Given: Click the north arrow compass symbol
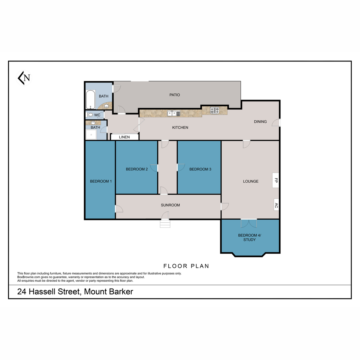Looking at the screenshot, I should click(x=24, y=78).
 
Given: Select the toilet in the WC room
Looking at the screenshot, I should click(x=90, y=115).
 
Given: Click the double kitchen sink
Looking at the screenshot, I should click(x=174, y=113).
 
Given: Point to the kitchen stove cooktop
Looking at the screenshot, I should click(x=214, y=110).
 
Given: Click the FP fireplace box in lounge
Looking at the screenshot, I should click(x=276, y=180).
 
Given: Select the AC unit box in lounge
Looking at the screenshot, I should click(x=276, y=205).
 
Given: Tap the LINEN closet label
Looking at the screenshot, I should click(x=124, y=137).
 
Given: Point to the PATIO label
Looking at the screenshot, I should click(x=175, y=95).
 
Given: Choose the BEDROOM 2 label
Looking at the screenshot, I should click(x=137, y=169).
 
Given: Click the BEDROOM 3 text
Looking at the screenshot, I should click(x=200, y=169).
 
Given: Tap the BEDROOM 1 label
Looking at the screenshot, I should click(x=101, y=181).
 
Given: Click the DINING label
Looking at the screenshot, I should click(x=260, y=121).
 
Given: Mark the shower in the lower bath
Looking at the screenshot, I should click(x=91, y=135).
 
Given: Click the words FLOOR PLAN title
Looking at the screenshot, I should click(x=186, y=266).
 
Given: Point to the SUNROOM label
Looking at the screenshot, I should click(x=170, y=205).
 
